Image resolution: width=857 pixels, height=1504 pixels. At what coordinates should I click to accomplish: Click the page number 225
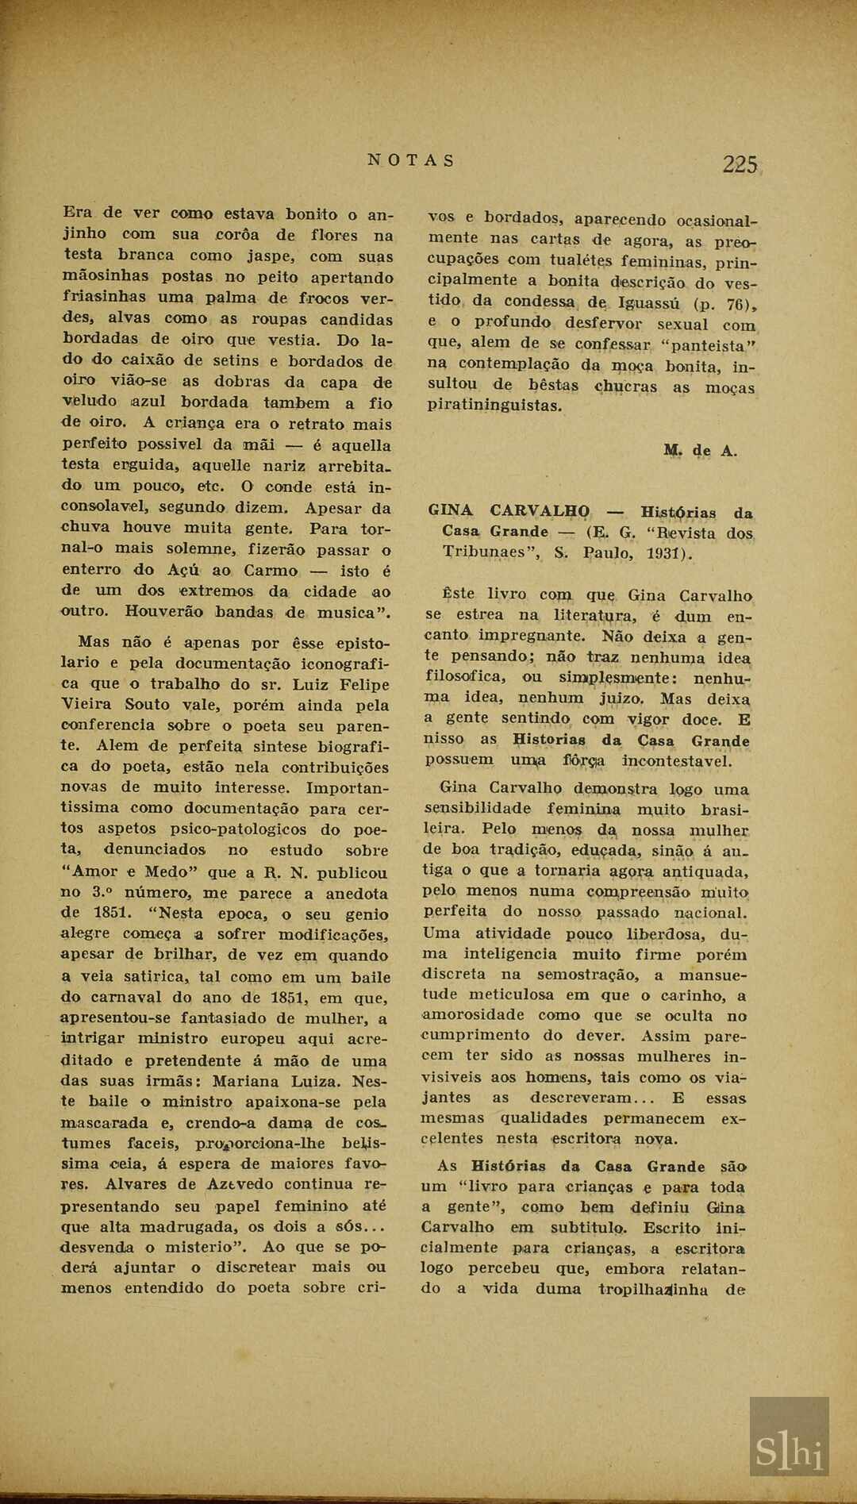[x=740, y=164]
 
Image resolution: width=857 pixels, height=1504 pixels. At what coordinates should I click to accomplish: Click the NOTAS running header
[x=411, y=160]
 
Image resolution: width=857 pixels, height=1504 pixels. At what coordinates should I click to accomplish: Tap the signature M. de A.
[x=700, y=451]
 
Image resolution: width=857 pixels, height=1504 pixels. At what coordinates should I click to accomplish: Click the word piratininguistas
[x=494, y=406]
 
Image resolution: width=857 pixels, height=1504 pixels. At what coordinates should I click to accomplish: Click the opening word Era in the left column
[x=77, y=213]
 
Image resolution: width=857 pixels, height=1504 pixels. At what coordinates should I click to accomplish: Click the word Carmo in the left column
[x=271, y=570]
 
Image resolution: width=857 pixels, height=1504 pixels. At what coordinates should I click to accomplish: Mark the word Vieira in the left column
[x=87, y=705]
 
